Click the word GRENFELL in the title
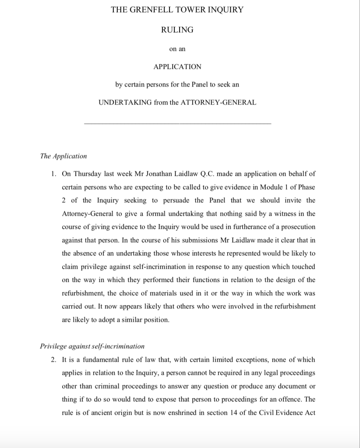click(149, 10)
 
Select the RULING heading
click(177, 30)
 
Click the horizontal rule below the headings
click(177, 124)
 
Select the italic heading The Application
click(64, 156)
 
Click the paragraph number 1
click(53, 174)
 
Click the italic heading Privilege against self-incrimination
click(92, 346)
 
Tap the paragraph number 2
click(53, 360)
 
